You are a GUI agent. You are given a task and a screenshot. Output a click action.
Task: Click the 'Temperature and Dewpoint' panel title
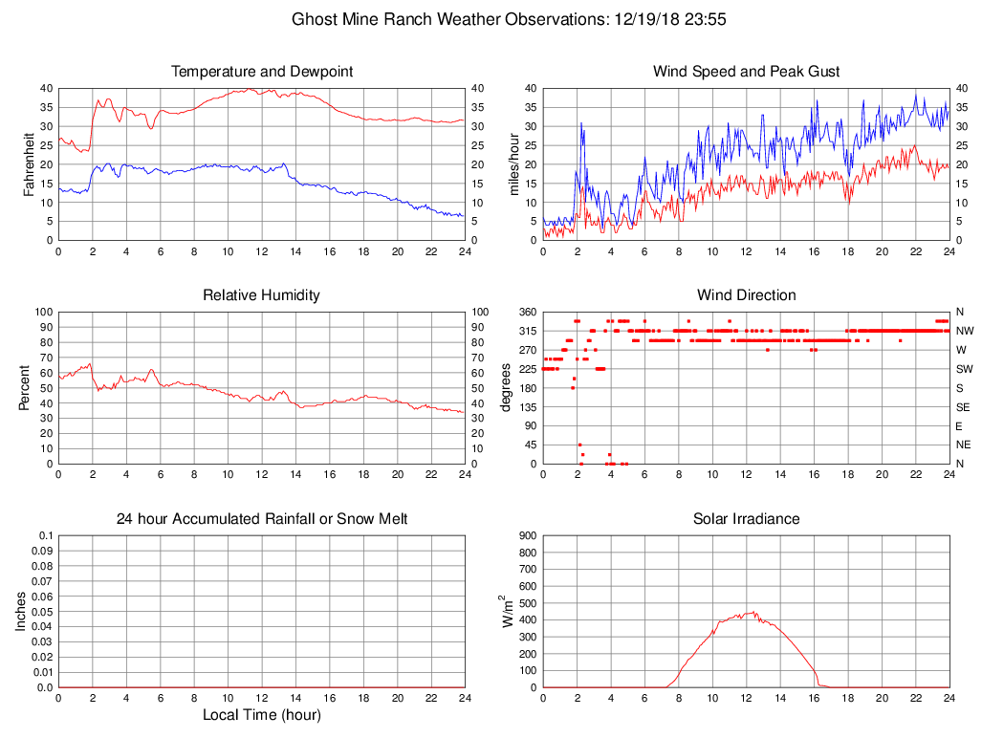[x=262, y=72]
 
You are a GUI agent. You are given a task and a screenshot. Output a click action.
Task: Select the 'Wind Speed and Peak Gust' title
[x=746, y=72]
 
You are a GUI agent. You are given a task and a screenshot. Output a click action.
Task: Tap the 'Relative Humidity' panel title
[x=262, y=295]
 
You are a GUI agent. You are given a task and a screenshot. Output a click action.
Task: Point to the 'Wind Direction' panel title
[x=746, y=295]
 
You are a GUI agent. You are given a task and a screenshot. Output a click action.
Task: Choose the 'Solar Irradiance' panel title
[x=746, y=519]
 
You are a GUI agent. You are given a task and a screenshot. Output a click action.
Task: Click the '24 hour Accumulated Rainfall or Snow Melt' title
[x=262, y=519]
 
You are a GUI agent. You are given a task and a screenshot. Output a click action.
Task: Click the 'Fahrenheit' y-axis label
[x=30, y=163]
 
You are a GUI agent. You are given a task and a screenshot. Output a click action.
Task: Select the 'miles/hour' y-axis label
[x=514, y=163]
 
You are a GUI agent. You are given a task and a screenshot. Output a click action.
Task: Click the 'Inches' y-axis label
[x=21, y=611]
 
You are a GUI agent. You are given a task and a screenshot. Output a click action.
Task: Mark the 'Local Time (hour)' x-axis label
[x=262, y=715]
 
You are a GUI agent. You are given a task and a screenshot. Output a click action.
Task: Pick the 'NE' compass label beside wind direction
[x=962, y=445]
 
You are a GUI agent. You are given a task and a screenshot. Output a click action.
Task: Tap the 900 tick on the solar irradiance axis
[x=528, y=535]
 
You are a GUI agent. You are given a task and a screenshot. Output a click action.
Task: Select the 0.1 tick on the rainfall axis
[x=46, y=535]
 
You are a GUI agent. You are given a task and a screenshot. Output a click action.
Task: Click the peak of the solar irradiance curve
[x=754, y=613]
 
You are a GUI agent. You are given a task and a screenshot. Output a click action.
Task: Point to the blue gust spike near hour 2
[x=579, y=123]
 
